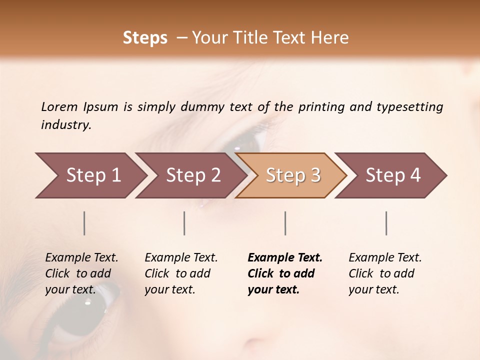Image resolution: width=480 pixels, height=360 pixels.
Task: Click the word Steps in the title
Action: pyautogui.click(x=145, y=38)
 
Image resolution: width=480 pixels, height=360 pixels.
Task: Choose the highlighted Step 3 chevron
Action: pyautogui.click(x=293, y=175)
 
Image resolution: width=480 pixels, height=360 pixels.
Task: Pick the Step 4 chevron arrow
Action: pyautogui.click(x=393, y=175)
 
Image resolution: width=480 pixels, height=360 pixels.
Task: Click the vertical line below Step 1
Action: pyautogui.click(x=84, y=223)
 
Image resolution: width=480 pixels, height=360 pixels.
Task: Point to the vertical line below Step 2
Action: pyautogui.click(x=184, y=223)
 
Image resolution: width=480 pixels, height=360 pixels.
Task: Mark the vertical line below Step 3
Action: pyautogui.click(x=285, y=223)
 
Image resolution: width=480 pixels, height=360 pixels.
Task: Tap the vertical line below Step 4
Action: pyautogui.click(x=386, y=223)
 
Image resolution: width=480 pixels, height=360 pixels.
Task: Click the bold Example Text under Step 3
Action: pyautogui.click(x=285, y=258)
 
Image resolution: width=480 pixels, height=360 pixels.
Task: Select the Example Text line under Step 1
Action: pyautogui.click(x=81, y=258)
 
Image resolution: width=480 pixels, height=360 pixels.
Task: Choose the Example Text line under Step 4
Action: pyautogui.click(x=385, y=258)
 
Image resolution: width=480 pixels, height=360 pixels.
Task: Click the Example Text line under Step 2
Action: pyautogui.click(x=181, y=258)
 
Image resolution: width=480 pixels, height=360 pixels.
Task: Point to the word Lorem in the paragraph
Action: pyautogui.click(x=59, y=106)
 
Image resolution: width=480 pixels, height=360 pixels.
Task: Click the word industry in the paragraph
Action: pyautogui.click(x=66, y=125)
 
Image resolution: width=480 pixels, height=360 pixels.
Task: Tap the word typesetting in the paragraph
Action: pyautogui.click(x=409, y=107)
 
